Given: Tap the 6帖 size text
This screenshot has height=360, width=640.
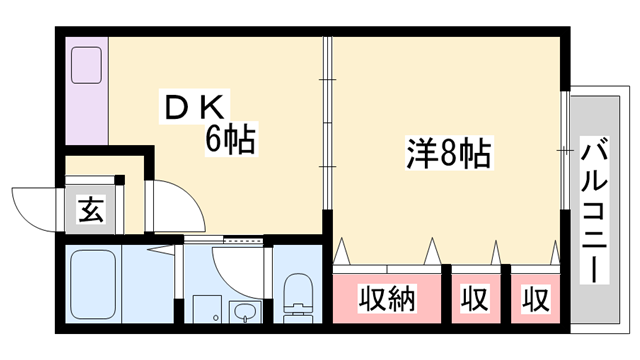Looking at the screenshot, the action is (x=230, y=139).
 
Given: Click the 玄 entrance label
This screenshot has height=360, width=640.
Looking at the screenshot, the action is (x=91, y=210).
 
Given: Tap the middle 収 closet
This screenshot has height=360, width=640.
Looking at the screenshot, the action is (x=474, y=299).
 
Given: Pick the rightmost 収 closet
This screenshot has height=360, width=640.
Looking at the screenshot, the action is (x=535, y=299).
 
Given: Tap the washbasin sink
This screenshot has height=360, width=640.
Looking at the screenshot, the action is (x=243, y=312).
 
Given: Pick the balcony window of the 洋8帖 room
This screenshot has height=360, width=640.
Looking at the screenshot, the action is (x=566, y=150).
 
